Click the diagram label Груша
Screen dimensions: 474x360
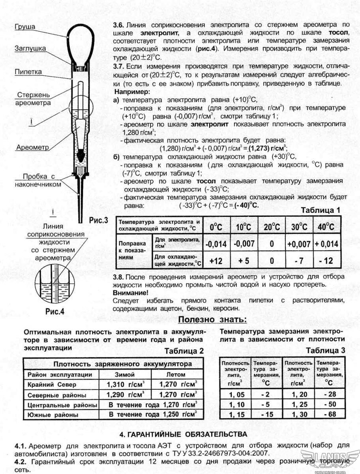tap(25, 27)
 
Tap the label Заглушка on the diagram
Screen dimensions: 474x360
tap(30, 49)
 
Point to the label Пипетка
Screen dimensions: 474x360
tap(28, 72)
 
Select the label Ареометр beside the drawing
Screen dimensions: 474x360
tap(32, 147)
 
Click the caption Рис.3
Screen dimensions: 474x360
tap(98, 221)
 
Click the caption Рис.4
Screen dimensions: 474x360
tap(55, 311)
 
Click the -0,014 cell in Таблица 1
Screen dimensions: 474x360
tap(216, 244)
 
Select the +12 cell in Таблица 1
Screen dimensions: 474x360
tap(216, 261)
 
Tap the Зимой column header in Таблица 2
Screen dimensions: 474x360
tap(124, 374)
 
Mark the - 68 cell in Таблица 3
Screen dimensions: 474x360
tap(329, 414)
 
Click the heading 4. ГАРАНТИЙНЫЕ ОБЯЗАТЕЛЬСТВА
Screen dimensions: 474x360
tap(183, 434)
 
